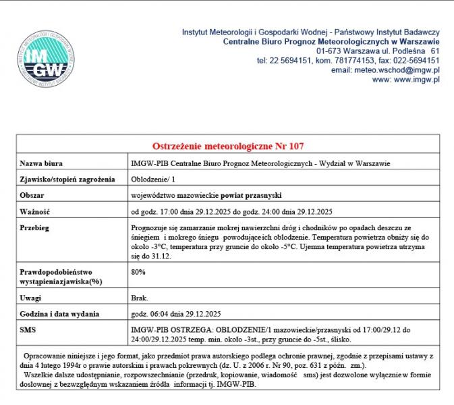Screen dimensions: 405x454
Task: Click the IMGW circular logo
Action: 42,59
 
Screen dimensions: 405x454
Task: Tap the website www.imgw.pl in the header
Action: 416,79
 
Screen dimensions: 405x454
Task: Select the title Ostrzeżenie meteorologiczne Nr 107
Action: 229,146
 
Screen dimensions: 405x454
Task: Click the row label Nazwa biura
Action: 42,163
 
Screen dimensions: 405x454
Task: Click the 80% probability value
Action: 138,271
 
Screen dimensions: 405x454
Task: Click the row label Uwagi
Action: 32,298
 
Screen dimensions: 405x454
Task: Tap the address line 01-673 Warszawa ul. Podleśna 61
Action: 378,51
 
